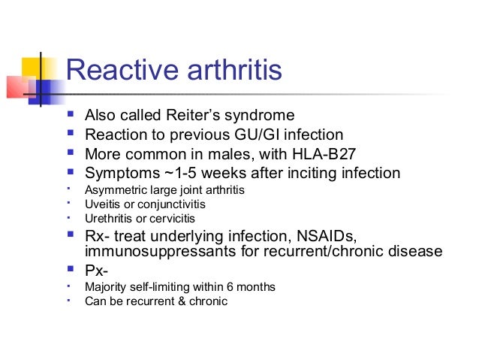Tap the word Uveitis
(101, 204)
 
